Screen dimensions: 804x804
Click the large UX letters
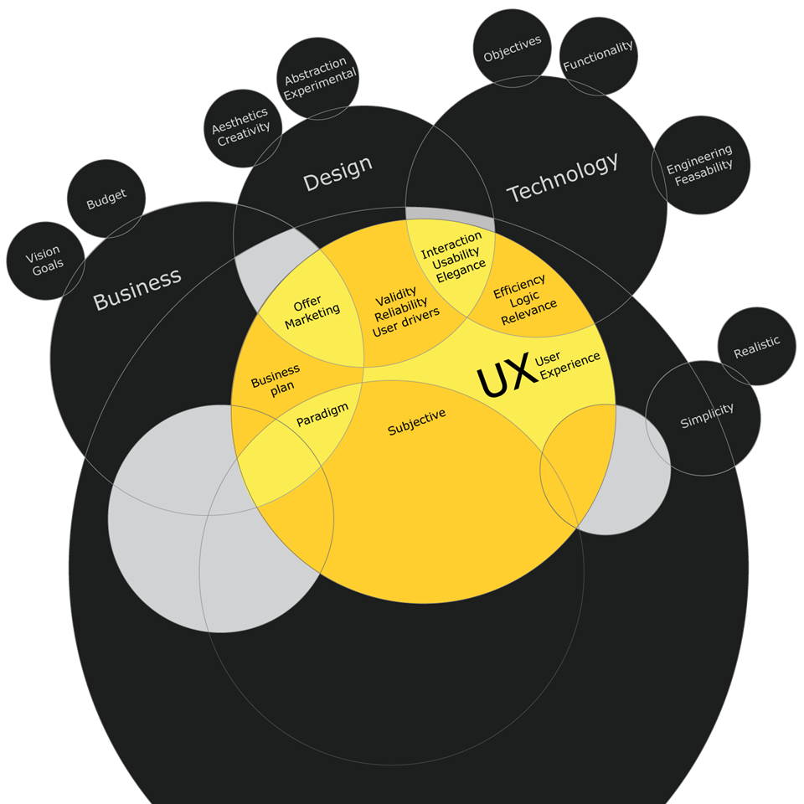507,374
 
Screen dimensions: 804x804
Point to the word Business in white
137,289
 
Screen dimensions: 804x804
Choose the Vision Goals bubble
44,261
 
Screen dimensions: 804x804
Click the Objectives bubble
513,49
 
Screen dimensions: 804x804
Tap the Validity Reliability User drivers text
404,312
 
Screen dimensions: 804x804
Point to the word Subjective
416,422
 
